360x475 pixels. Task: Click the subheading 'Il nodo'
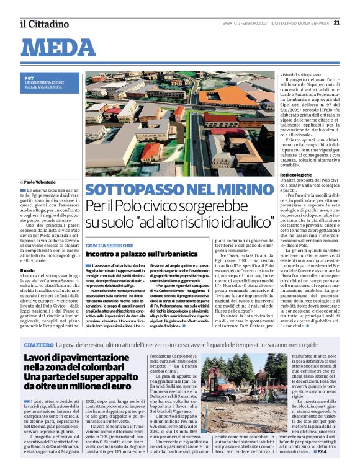27,271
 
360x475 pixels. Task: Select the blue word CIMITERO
38,344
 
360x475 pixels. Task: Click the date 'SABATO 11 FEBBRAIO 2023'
245,24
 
